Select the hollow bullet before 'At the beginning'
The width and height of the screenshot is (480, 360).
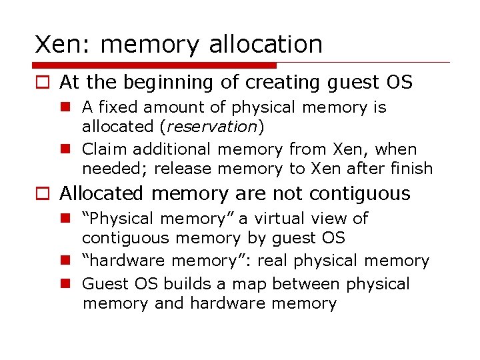tap(42, 83)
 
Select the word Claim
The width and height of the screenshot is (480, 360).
tap(103, 149)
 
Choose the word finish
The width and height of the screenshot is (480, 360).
tap(412, 169)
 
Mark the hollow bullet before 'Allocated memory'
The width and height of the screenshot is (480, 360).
tap(42, 194)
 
